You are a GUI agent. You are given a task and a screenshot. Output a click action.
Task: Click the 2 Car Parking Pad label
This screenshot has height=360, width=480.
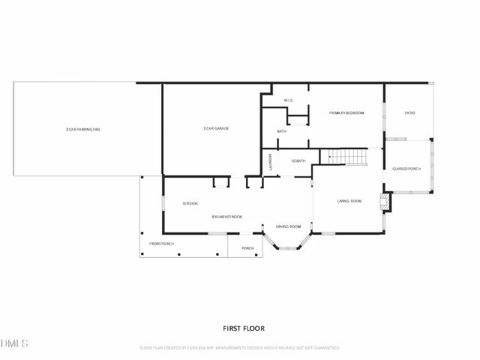pos(82,130)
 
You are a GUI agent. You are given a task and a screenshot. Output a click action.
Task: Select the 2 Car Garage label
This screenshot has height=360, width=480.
pos(216,128)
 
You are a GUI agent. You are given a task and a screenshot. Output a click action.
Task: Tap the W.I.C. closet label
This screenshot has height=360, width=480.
pos(289,100)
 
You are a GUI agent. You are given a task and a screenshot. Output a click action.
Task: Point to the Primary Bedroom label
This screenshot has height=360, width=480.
pos(346,112)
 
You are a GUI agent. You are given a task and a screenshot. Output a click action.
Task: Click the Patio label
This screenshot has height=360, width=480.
pos(409,112)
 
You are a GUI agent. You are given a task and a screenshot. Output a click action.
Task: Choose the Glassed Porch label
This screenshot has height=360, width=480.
pos(406,169)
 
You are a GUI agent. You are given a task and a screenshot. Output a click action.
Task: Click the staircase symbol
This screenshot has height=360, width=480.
pos(349,157)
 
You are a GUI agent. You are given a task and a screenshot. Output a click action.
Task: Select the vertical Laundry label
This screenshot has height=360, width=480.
pos(270,163)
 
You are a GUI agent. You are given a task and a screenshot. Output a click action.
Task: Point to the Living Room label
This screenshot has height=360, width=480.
pos(349,201)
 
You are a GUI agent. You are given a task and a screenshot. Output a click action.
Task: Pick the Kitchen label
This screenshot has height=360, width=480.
pos(190,203)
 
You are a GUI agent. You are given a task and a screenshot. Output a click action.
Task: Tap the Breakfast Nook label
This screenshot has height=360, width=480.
pos(226,216)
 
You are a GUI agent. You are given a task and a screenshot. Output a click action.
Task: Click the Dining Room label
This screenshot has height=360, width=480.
pos(288,226)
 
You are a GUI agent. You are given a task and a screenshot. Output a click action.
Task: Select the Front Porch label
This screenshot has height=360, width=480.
pos(161,244)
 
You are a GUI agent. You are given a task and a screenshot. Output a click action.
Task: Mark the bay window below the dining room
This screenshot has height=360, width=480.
pos(289,243)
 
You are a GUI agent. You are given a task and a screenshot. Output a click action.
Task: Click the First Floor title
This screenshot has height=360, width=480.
pos(244,328)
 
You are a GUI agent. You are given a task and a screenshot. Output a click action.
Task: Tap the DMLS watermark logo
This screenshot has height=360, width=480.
pos(14,343)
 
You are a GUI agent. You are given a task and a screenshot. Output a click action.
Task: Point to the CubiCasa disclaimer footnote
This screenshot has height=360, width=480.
pos(240,348)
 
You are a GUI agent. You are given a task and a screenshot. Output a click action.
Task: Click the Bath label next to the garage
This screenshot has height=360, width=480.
pos(281,131)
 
